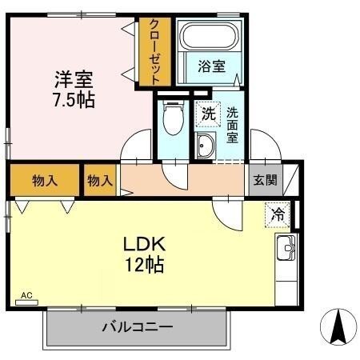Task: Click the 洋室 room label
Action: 74,80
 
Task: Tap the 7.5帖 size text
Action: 74,102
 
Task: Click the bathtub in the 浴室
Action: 210,37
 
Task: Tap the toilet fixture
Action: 170,121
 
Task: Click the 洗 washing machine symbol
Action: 208,114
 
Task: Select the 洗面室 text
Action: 233,125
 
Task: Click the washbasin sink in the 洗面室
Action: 205,147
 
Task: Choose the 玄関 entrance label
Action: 265,180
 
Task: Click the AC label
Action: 26,295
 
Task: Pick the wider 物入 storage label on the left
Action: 45,180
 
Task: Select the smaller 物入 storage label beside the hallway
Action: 101,180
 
